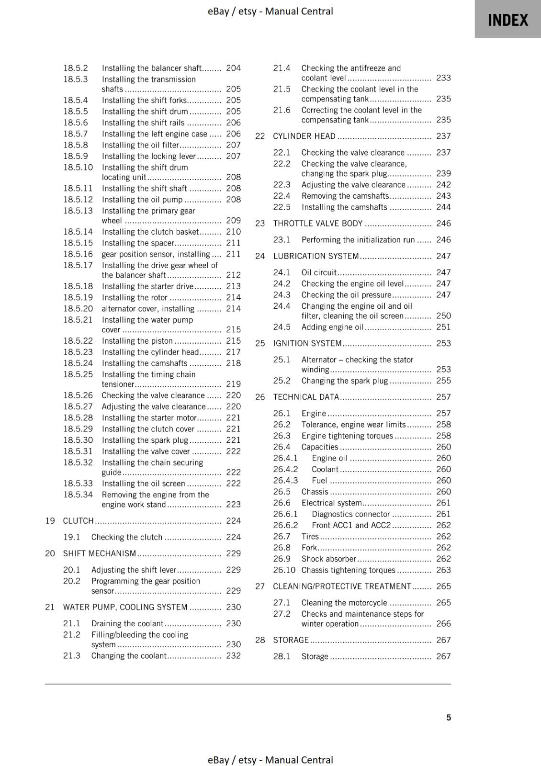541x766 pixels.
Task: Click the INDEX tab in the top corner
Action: pyautogui.click(x=507, y=20)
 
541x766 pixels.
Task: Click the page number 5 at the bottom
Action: pyautogui.click(x=449, y=717)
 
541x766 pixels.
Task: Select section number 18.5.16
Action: pyautogui.click(x=78, y=254)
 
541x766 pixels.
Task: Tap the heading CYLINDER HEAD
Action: pyautogui.click(x=304, y=136)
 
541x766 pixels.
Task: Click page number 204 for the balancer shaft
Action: pyautogui.click(x=233, y=68)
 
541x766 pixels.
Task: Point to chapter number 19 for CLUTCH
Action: pyautogui.click(x=50, y=520)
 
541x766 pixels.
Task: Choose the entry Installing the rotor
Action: pyautogui.click(x=135, y=297)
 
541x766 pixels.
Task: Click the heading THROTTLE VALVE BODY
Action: pyautogui.click(x=317, y=223)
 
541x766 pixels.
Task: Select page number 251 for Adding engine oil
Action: pyautogui.click(x=443, y=327)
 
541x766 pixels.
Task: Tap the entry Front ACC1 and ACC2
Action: pyautogui.click(x=351, y=525)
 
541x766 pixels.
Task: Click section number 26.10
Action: pyautogui.click(x=284, y=570)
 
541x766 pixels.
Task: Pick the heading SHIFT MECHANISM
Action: pyautogui.click(x=100, y=553)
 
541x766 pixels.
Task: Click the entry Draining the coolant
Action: pyautogui.click(x=127, y=623)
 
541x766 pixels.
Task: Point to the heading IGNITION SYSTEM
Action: pyautogui.click(x=307, y=343)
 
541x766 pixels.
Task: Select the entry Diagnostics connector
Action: pyautogui.click(x=350, y=514)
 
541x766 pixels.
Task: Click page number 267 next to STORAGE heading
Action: pyautogui.click(x=443, y=640)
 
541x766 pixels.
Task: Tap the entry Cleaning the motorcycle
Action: pyautogui.click(x=344, y=603)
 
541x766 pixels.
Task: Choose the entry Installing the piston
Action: pyautogui.click(x=137, y=341)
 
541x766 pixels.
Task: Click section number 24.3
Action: pyautogui.click(x=282, y=295)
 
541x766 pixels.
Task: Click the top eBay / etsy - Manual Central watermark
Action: pyautogui.click(x=270, y=11)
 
